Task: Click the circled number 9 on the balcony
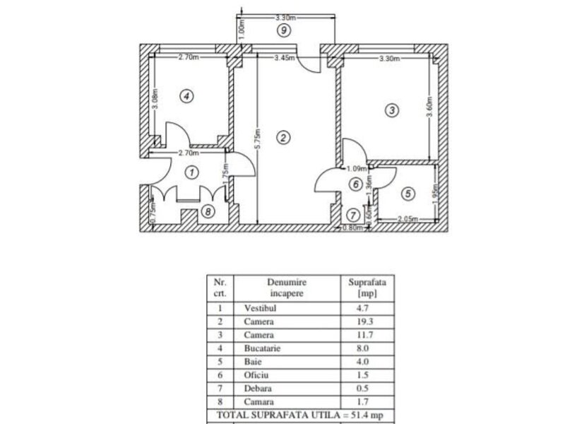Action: [284, 30]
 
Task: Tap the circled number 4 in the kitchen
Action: [186, 96]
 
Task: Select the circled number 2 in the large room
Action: [283, 137]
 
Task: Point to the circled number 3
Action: [392, 110]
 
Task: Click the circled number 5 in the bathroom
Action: [408, 194]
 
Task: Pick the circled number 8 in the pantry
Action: [208, 211]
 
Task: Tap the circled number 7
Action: [353, 216]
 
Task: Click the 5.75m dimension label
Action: [258, 139]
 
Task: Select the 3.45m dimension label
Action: [285, 58]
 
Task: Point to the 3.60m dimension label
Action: [429, 107]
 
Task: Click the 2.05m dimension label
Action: [408, 219]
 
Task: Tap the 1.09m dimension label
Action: [357, 168]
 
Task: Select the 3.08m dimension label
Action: [155, 99]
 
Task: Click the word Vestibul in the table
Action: [260, 308]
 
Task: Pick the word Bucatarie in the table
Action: [262, 348]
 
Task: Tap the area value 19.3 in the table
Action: [364, 322]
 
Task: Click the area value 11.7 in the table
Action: [364, 335]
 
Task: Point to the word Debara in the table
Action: [258, 388]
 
